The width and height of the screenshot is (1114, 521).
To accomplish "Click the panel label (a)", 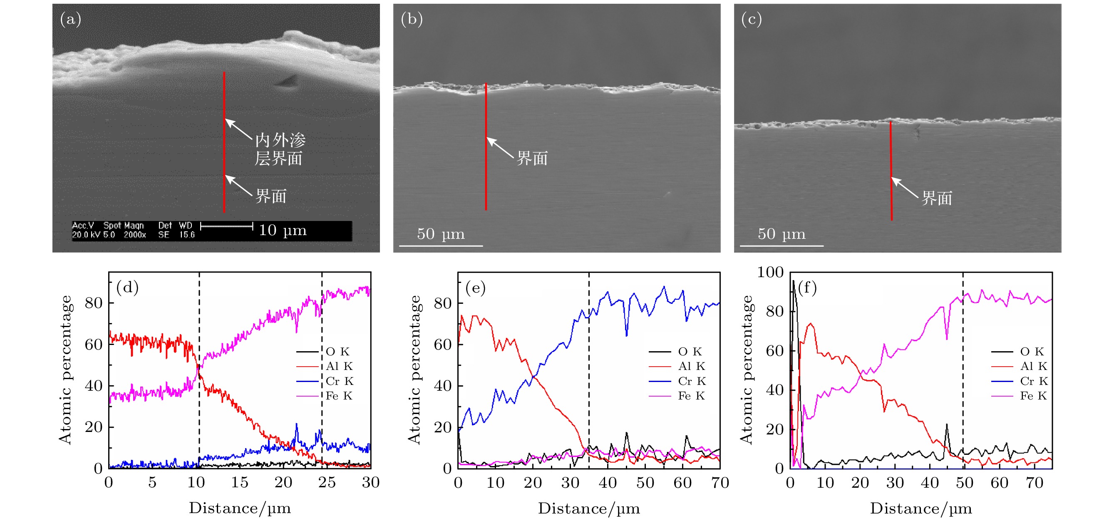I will [70, 20].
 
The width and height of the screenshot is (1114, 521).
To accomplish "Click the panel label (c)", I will [751, 20].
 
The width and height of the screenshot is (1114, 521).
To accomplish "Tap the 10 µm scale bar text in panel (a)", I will [283, 230].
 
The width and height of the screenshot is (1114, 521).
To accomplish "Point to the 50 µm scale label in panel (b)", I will [440, 234].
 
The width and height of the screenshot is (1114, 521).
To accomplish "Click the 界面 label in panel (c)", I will [937, 198].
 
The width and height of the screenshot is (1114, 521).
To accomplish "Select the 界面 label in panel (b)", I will [532, 158].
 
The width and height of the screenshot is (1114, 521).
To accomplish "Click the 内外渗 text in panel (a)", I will [280, 140].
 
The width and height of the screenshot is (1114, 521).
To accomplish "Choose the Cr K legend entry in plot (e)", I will [692, 381].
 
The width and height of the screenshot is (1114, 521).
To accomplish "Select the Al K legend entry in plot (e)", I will [692, 366].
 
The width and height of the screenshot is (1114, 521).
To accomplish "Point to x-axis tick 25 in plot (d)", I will [327, 482].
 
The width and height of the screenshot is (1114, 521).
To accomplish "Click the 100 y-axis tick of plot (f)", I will [770, 272].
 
